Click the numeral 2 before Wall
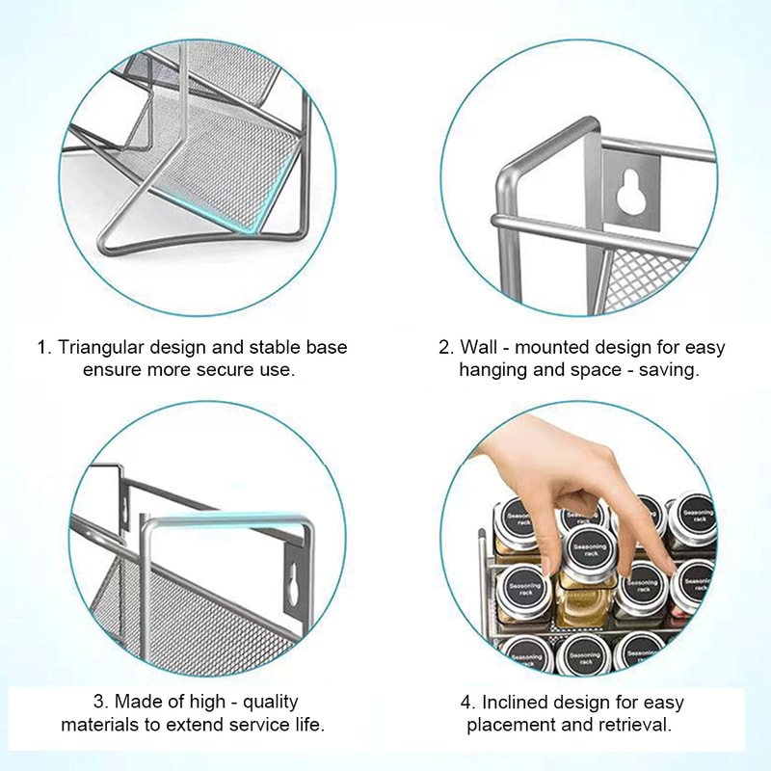coord(444,347)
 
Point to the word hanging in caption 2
coord(492,369)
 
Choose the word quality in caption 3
coord(267,702)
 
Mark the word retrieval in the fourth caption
coord(637,724)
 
